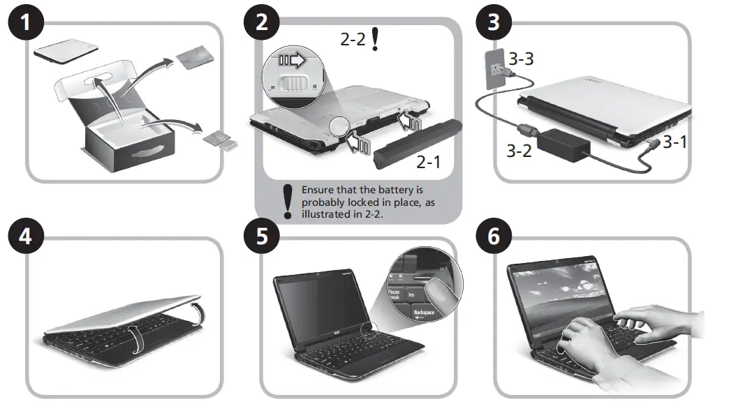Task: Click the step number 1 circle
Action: [x=25, y=24]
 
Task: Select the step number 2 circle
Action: [x=261, y=24]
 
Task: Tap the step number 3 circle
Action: [x=494, y=22]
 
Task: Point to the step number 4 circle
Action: [x=25, y=236]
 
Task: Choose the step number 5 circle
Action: [x=261, y=236]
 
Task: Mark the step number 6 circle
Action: [x=494, y=236]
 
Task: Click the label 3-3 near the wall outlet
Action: [x=521, y=59]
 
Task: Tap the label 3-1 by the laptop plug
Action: [x=675, y=142]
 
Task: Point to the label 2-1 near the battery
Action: [x=429, y=163]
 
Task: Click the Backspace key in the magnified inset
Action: [x=424, y=313]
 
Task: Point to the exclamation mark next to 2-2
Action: [x=376, y=40]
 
